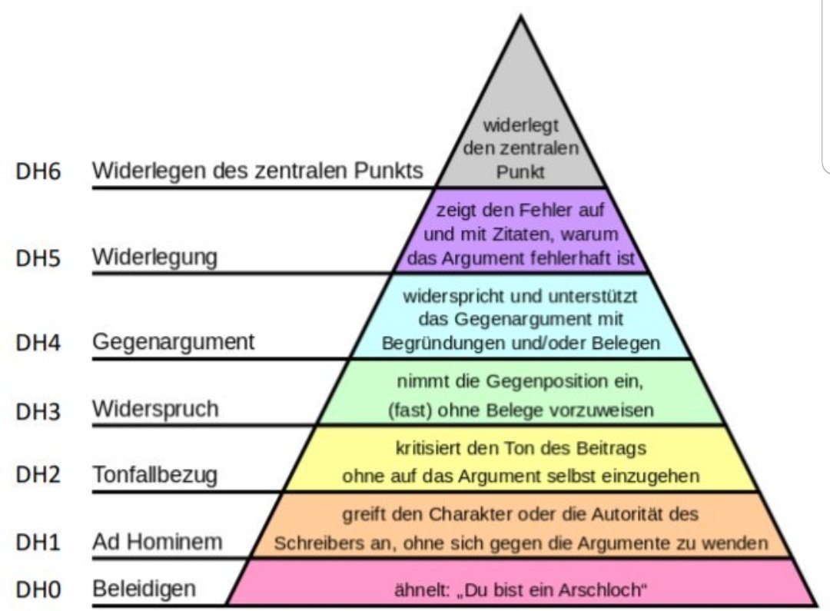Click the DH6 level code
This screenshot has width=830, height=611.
pyautogui.click(x=38, y=171)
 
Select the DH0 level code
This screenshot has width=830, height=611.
pyautogui.click(x=38, y=590)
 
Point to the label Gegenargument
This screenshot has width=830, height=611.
pyautogui.click(x=173, y=341)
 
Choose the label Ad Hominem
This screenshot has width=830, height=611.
pyautogui.click(x=157, y=542)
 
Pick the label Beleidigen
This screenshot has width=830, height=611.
pyautogui.click(x=144, y=589)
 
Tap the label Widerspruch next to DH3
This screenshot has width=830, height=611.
pyautogui.click(x=155, y=409)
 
